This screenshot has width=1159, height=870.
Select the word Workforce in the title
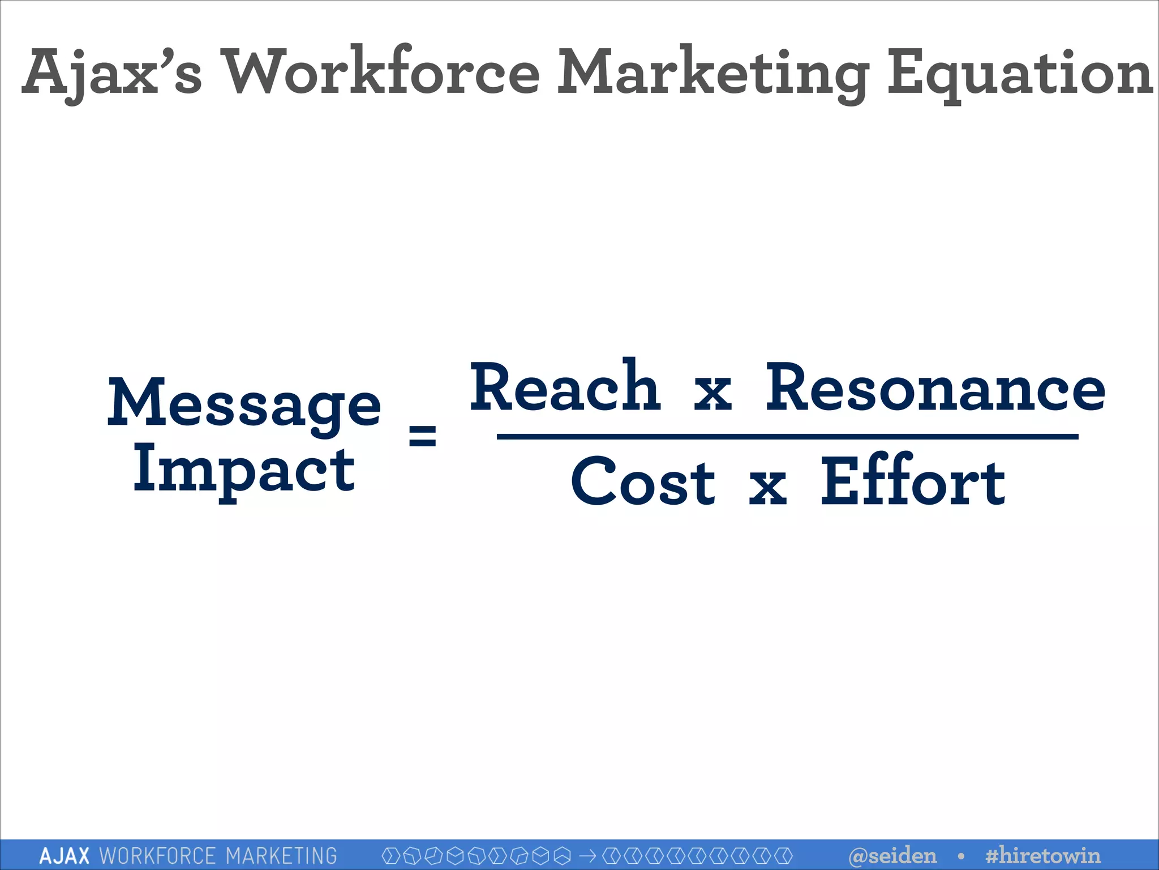(x=381, y=72)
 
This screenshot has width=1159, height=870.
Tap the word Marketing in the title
(x=713, y=74)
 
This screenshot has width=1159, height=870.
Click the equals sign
(x=422, y=435)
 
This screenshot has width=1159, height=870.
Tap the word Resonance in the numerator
(x=935, y=389)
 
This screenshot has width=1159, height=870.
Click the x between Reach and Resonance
(x=712, y=393)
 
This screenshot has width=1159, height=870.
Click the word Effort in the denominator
(x=912, y=481)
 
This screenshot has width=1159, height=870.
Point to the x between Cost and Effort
(x=767, y=487)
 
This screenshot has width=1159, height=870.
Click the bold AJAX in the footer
(x=65, y=855)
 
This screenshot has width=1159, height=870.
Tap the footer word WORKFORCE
(x=157, y=855)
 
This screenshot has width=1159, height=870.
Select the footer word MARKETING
(x=281, y=855)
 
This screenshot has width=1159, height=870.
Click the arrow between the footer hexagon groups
(x=587, y=855)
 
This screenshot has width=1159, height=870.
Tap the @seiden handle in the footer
(x=892, y=855)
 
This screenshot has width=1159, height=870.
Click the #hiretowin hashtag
(x=1042, y=855)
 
